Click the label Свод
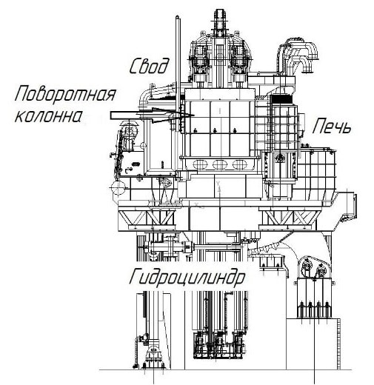(x=149, y=66)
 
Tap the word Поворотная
(x=65, y=94)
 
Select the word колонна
(x=48, y=116)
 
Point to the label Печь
(x=331, y=126)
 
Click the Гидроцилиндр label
(x=187, y=278)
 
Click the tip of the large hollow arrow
(x=194, y=115)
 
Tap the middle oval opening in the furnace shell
(x=220, y=164)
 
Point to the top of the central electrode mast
(x=219, y=11)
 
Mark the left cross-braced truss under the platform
(x=147, y=218)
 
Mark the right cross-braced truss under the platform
(x=288, y=218)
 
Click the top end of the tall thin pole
(x=177, y=17)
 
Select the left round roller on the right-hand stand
(x=307, y=265)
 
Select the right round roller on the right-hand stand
(x=321, y=270)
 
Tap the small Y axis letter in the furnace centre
(x=218, y=183)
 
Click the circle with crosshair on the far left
(x=118, y=188)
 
